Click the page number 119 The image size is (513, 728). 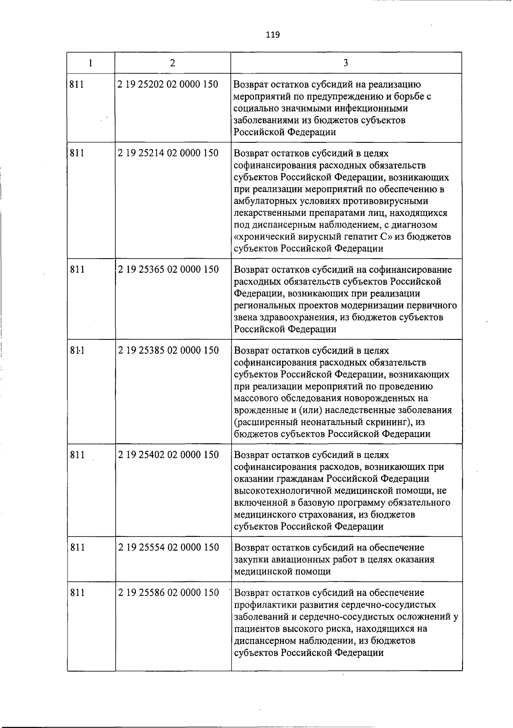click(x=272, y=35)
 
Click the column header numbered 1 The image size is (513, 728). click(x=91, y=63)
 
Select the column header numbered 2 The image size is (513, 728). click(x=172, y=63)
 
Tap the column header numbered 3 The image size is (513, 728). click(x=345, y=63)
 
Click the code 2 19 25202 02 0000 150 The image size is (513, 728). click(x=168, y=84)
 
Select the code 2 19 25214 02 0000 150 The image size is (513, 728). click(x=168, y=153)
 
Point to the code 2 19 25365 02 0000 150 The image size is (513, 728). click(x=168, y=269)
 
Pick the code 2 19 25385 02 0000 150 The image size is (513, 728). click(x=168, y=350)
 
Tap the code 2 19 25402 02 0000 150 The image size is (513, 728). click(x=168, y=454)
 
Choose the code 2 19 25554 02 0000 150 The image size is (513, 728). click(x=168, y=547)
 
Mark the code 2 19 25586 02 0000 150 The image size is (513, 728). click(x=168, y=592)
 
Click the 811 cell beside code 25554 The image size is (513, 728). click(x=77, y=547)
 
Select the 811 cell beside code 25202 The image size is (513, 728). click(x=77, y=84)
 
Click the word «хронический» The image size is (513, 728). click(x=263, y=237)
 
